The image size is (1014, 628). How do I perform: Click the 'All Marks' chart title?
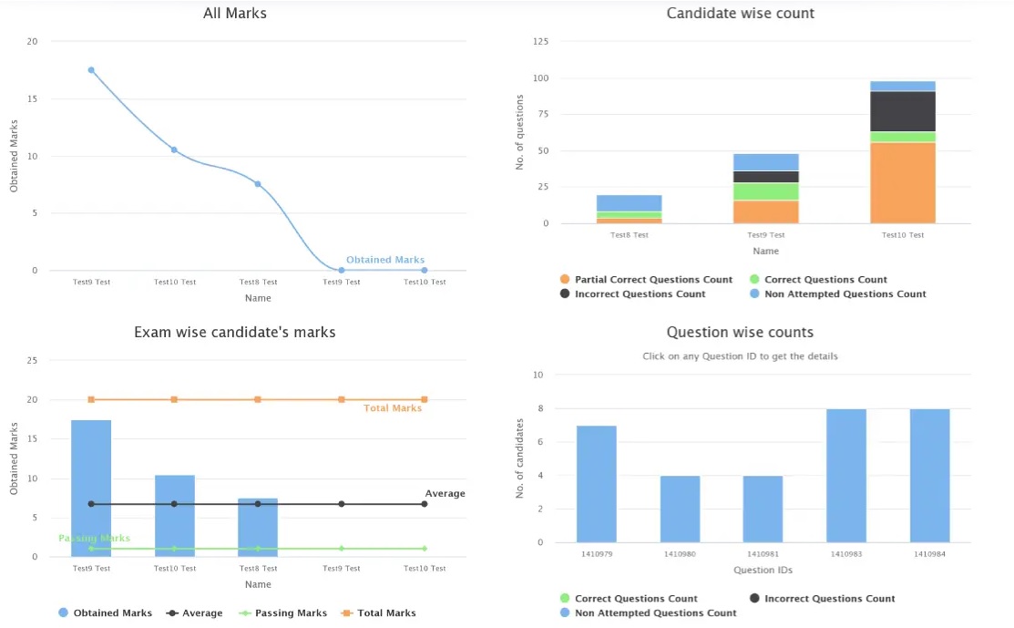[x=235, y=13]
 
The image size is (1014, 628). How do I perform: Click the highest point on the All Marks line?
[x=91, y=70]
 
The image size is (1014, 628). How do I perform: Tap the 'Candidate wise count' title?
[x=740, y=13]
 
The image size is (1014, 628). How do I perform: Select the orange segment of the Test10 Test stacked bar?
[x=902, y=182]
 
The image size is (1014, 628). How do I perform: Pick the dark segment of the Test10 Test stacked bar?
[x=902, y=111]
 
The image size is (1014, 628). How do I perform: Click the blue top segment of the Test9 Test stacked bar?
[x=765, y=162]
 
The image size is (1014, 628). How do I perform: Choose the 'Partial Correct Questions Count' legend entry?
[x=646, y=280]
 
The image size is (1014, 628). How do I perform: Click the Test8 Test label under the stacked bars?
[x=629, y=235]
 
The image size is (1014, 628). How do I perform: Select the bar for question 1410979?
[x=596, y=484]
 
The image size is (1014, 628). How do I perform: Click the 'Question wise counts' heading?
[x=740, y=333]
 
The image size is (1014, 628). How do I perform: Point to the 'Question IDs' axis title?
[x=763, y=571]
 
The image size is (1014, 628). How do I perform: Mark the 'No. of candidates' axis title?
[x=521, y=458]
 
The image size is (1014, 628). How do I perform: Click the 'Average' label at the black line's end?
[x=445, y=494]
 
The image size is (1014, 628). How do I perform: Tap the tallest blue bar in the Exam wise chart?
[x=91, y=488]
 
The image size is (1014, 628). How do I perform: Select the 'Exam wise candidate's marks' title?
[x=235, y=333]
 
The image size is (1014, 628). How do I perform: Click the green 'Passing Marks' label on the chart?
[x=94, y=539]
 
